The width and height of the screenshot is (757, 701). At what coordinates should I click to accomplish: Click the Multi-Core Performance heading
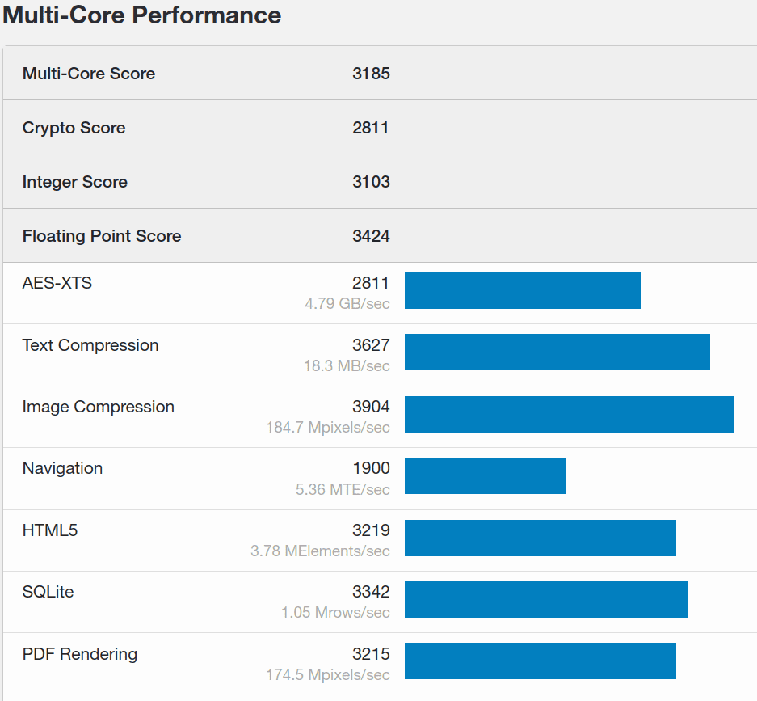pos(142,15)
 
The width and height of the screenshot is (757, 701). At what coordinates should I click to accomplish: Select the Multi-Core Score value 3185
pos(371,74)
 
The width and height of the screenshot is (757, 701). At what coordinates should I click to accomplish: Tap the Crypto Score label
pos(74,128)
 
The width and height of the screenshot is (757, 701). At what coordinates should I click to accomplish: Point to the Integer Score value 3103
pos(371,182)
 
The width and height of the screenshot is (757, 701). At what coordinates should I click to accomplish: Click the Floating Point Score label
pos(102,236)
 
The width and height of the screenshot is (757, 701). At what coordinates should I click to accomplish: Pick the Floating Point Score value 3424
pos(371,236)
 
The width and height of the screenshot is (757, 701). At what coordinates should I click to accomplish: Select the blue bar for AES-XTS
pos(523,290)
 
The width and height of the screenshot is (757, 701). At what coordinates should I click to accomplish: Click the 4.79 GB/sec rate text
pos(347,304)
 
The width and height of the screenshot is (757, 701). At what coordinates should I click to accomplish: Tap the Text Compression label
pos(90,345)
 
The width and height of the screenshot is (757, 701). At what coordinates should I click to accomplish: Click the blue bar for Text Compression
pos(557,352)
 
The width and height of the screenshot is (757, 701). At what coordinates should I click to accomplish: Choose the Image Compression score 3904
pos(371,407)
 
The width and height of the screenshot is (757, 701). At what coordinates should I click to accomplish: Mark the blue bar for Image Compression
pos(569,414)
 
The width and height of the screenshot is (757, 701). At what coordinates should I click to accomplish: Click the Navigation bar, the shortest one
pos(485,475)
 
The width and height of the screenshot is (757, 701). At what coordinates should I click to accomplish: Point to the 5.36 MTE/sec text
pos(343,489)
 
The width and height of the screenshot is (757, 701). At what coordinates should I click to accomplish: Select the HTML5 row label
pos(50,530)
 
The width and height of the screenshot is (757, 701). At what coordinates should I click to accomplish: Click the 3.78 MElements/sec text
pos(320,551)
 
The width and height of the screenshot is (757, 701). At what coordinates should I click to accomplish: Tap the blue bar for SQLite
pos(545,599)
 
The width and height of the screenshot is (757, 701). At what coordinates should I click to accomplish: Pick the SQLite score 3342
pos(371,592)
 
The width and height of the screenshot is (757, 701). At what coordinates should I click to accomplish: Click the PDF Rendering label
pos(80,654)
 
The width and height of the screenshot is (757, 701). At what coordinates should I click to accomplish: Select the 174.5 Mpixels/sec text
pos(327,674)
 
